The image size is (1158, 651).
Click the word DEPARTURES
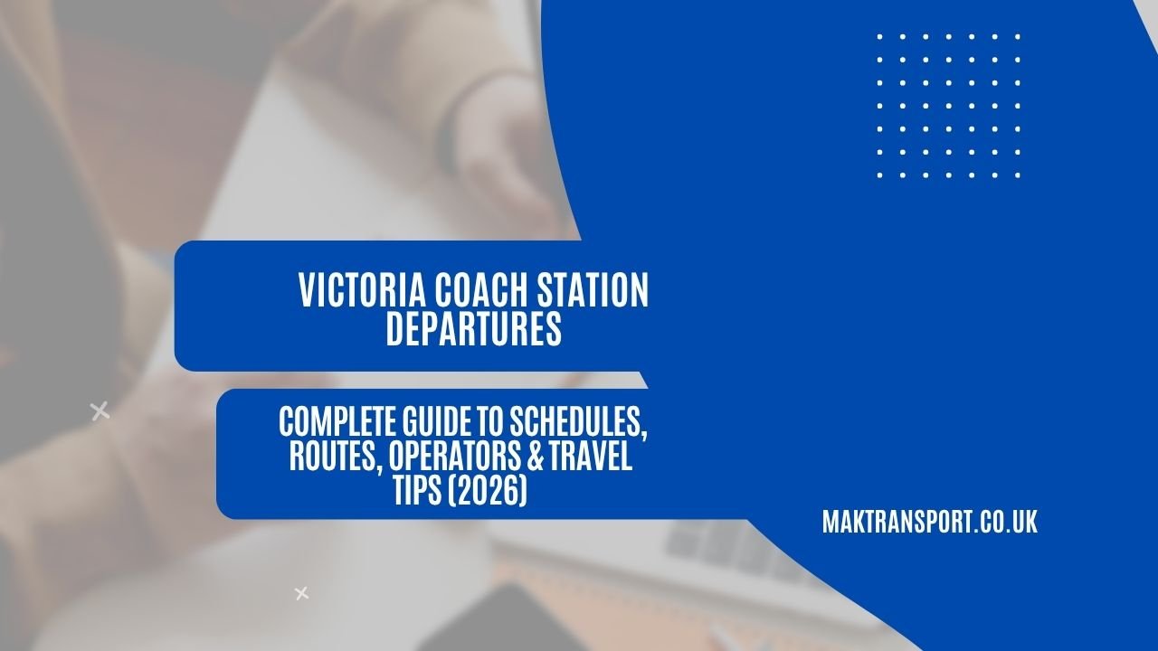[473, 329]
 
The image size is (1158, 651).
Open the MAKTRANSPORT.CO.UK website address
[929, 522]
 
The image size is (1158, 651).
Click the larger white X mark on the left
[100, 411]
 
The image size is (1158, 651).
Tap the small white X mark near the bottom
[302, 593]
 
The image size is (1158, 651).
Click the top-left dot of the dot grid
[880, 37]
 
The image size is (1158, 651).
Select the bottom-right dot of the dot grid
[1018, 175]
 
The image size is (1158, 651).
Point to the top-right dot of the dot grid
[1018, 37]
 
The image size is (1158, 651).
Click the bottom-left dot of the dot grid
[880, 175]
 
